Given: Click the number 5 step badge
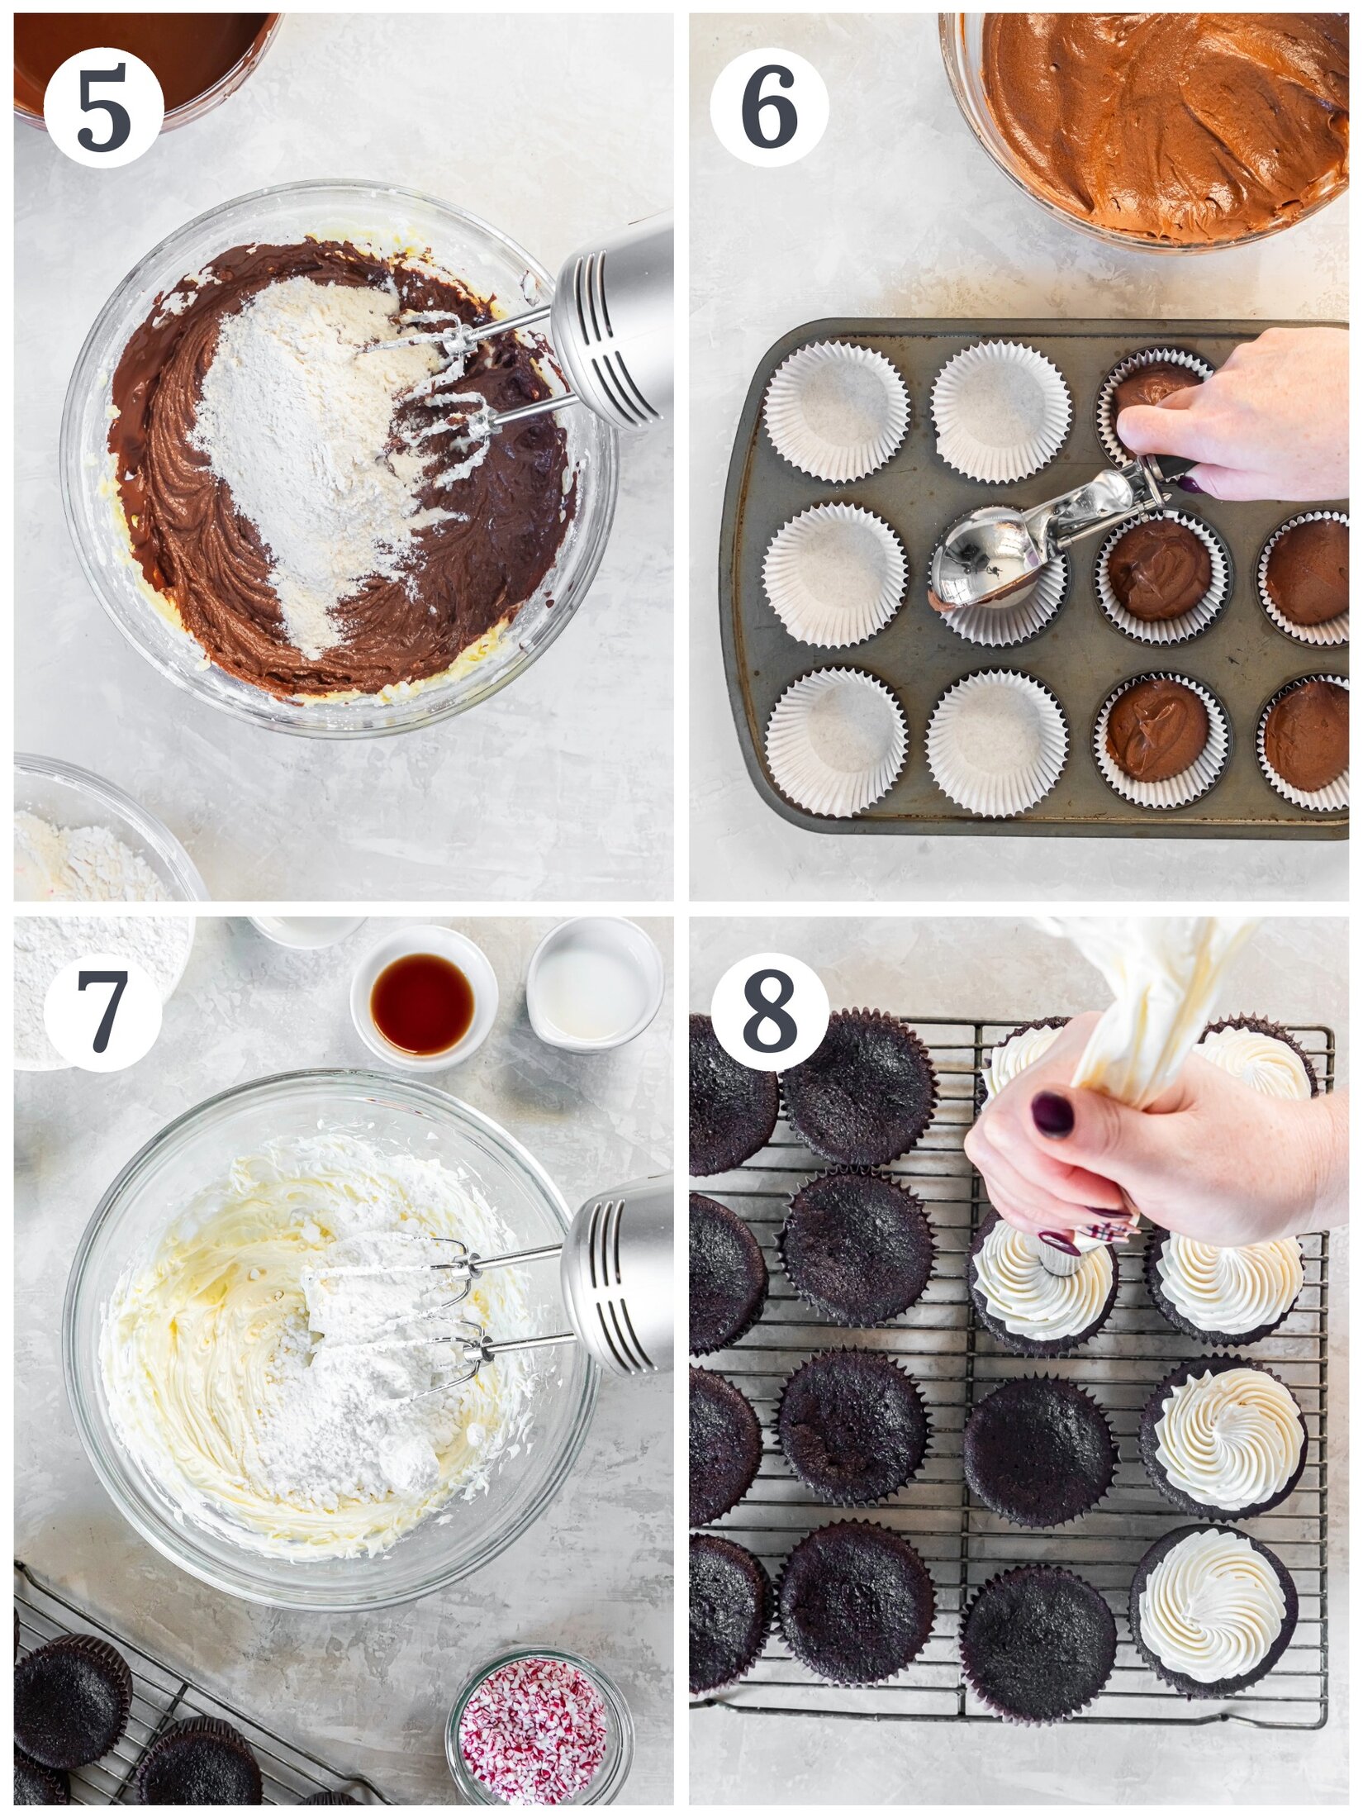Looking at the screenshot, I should click(x=103, y=108).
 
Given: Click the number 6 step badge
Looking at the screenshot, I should click(x=769, y=108).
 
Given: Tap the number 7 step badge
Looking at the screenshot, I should click(x=102, y=1011).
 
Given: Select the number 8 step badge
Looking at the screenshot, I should click(x=769, y=1011).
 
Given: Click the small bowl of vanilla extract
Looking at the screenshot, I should click(x=423, y=1004).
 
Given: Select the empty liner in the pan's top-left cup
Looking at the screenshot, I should click(x=835, y=411).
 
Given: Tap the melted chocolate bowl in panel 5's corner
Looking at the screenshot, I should click(x=140, y=58).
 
